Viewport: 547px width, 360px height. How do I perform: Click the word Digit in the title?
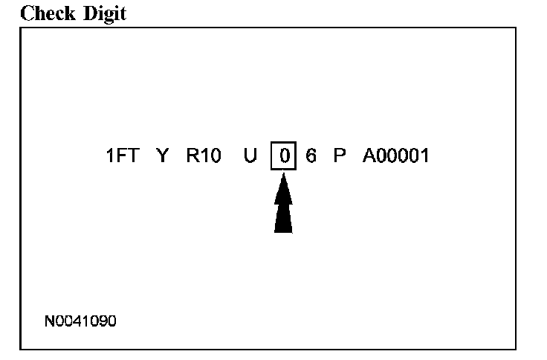click(x=103, y=13)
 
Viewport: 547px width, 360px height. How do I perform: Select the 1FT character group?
click(x=122, y=157)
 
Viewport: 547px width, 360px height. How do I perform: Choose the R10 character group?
click(x=204, y=157)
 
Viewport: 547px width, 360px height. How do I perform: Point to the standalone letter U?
click(x=250, y=157)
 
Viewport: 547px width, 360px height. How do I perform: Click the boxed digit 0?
click(x=283, y=157)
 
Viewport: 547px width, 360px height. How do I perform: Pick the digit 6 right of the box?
click(x=311, y=157)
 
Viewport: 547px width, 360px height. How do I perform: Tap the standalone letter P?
click(x=340, y=157)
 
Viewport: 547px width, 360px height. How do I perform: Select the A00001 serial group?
click(x=395, y=157)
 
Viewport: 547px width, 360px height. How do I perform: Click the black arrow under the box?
click(x=283, y=205)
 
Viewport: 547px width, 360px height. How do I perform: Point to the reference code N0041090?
click(x=81, y=321)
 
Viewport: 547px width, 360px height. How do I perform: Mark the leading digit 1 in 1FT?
click(x=110, y=157)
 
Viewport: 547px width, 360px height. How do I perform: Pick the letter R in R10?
click(x=192, y=157)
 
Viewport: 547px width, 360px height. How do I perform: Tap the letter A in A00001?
click(x=369, y=157)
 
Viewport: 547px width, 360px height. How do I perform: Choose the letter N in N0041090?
click(x=50, y=321)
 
